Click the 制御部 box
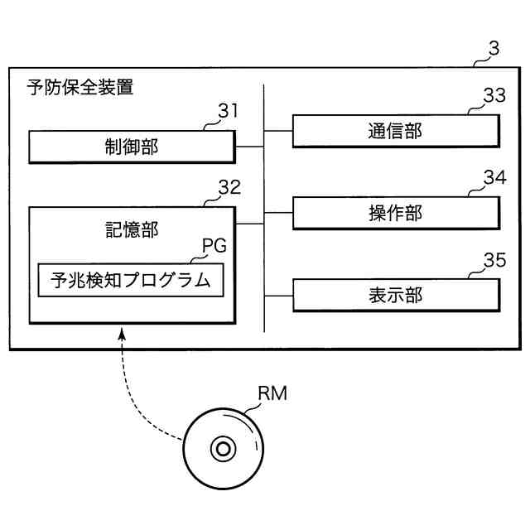132,147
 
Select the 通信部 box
396,131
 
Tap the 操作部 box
396,213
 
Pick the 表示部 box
396,296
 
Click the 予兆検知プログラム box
132,279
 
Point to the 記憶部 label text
132,231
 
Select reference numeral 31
228,111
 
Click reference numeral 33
494,95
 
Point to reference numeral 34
494,177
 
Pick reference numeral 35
494,261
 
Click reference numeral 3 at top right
494,49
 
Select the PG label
214,247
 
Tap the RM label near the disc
272,394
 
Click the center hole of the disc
222,450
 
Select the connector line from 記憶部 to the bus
249,224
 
